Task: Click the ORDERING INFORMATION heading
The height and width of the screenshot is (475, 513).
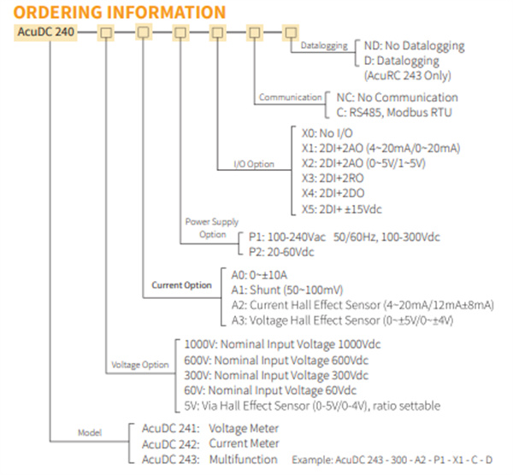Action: coord(120,12)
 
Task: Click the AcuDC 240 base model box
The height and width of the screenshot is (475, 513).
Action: coord(45,32)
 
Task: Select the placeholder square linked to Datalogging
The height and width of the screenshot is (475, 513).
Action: coord(291,32)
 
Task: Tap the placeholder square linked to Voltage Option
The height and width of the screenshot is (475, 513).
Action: coord(106,32)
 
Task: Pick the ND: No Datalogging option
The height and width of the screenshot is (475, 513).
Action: coord(414,46)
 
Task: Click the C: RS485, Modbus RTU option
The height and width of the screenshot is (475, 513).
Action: coord(394,113)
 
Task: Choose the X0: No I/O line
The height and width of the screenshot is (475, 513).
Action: coord(327,133)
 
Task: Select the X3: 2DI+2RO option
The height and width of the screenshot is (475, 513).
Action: coord(333,179)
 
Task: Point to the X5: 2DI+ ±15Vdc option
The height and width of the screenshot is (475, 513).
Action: coord(341,209)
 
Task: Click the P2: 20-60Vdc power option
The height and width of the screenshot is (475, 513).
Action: coord(281,252)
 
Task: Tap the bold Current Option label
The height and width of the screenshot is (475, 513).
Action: coord(181,285)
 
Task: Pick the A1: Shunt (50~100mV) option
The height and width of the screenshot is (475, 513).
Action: coord(287,290)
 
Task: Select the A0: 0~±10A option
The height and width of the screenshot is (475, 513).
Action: coord(259,275)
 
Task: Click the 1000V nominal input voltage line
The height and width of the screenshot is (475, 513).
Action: coord(282,344)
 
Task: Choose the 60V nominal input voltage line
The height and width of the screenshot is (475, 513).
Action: coord(270,390)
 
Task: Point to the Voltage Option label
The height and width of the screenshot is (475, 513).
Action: coord(140,365)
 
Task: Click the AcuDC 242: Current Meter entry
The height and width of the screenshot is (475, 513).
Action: coord(210,443)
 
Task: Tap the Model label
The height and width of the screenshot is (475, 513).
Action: coord(90,432)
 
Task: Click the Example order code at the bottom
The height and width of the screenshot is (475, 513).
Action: coord(392,460)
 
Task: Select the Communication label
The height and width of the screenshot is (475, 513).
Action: coord(291,97)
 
